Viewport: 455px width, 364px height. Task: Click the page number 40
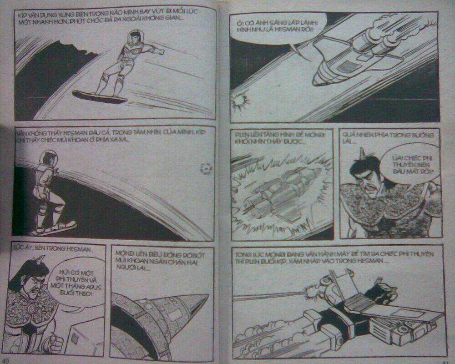click(x=8, y=360)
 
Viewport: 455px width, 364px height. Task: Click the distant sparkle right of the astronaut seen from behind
click(x=207, y=169)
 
